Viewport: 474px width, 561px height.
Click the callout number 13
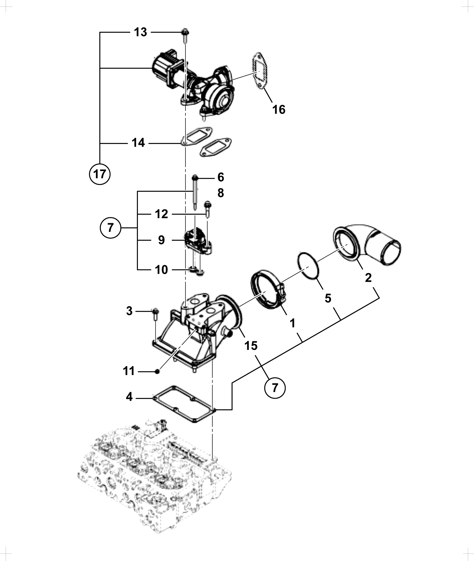tap(140, 32)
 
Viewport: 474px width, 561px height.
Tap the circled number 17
tap(100, 174)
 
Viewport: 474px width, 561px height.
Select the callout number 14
tap(138, 143)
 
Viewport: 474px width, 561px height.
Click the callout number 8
tap(221, 193)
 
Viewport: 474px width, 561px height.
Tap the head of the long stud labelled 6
tap(195, 178)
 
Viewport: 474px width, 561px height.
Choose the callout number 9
tap(161, 240)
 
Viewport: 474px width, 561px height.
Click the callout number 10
tap(161, 270)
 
